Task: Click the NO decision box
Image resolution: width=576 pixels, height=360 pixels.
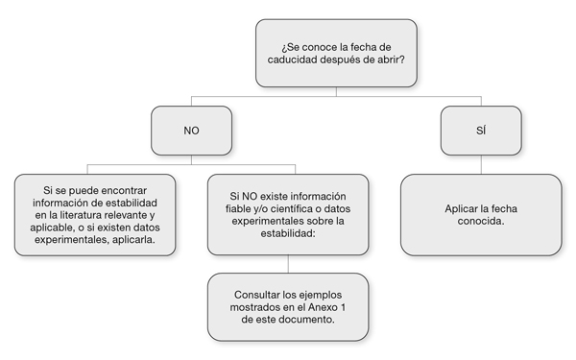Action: click(191, 130)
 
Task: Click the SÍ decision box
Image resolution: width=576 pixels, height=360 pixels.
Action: click(480, 130)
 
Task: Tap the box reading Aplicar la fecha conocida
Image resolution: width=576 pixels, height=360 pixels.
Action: click(481, 214)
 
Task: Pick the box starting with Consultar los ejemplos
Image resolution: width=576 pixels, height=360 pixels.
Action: click(288, 306)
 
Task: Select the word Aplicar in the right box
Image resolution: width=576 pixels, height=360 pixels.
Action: click(463, 207)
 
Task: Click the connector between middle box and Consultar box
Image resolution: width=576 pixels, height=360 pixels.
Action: click(288, 264)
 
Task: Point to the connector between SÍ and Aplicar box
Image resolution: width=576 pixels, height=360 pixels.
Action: click(480, 164)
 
